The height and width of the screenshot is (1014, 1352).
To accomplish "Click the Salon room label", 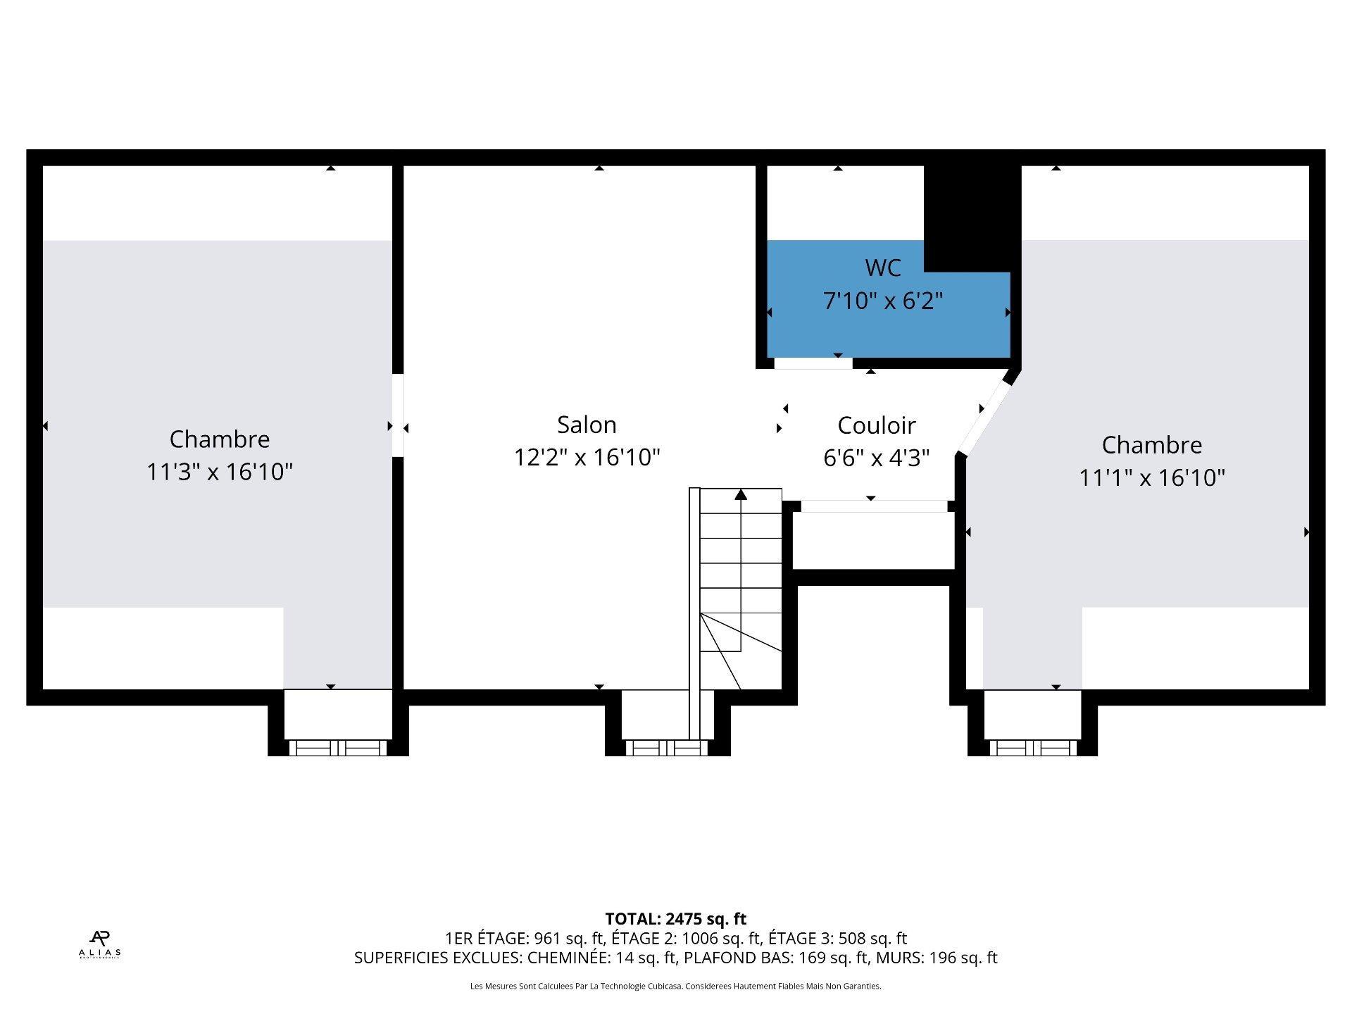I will point(587,425).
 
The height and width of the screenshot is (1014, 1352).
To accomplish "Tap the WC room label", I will point(882,268).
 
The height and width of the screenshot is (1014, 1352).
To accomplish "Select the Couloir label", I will point(876,425).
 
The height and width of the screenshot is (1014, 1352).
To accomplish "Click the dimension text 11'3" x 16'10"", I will point(219,471).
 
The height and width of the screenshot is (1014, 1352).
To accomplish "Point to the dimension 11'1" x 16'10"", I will point(1151,477).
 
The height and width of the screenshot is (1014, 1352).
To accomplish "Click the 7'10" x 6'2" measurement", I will point(882,301).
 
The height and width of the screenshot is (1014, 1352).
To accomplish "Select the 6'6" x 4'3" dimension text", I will point(876,458).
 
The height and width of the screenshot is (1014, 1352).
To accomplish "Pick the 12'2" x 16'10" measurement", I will point(587,457).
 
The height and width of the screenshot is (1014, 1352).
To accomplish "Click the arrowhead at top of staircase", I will point(741,494).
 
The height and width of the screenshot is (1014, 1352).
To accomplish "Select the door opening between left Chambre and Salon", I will point(398,415).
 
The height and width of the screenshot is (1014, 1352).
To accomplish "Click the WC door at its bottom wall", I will point(813,363).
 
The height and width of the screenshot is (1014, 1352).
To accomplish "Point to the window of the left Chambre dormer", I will point(338,748).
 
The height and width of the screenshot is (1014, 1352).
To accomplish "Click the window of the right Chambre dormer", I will point(1033,748).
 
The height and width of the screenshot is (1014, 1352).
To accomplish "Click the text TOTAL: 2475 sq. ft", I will point(675,919).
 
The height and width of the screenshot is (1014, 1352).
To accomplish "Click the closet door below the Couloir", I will point(873,506).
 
